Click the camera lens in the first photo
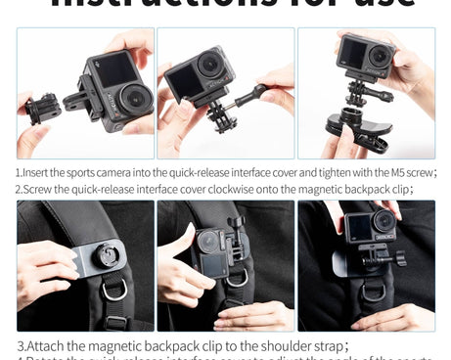(x=135, y=98)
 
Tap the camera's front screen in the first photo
(x=113, y=72)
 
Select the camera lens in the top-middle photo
(x=209, y=65)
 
